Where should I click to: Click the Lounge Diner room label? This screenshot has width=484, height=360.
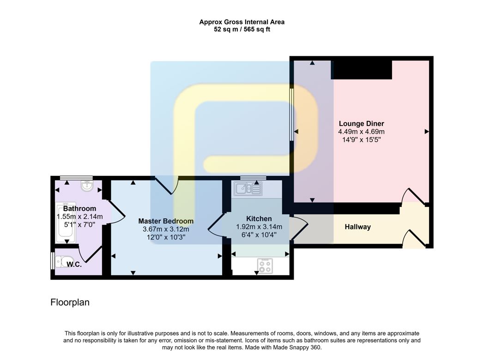pos(361,124)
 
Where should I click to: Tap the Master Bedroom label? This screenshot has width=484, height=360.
pos(166,221)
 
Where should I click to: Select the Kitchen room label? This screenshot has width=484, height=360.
pos(259,218)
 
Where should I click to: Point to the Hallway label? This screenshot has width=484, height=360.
pos(357,227)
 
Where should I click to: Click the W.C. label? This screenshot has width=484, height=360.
pos(74,264)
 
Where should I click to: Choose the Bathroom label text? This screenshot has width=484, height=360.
pos(79,209)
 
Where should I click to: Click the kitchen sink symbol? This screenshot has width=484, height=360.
pos(248,188)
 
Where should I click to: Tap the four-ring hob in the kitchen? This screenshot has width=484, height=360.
pos(265,265)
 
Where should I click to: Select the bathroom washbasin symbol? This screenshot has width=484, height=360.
pos(86,186)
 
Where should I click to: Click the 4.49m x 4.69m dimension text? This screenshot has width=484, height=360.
pos(361,132)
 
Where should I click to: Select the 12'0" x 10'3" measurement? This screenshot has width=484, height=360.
pos(166,237)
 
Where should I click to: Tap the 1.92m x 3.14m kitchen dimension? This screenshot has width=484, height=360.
pos(259,227)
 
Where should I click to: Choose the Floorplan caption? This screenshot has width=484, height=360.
pos(70,303)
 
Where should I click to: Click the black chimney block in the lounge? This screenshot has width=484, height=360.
pos(361,69)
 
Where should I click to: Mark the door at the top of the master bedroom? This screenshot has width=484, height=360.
pos(167,186)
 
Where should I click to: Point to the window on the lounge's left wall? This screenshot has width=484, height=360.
pos(291,114)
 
